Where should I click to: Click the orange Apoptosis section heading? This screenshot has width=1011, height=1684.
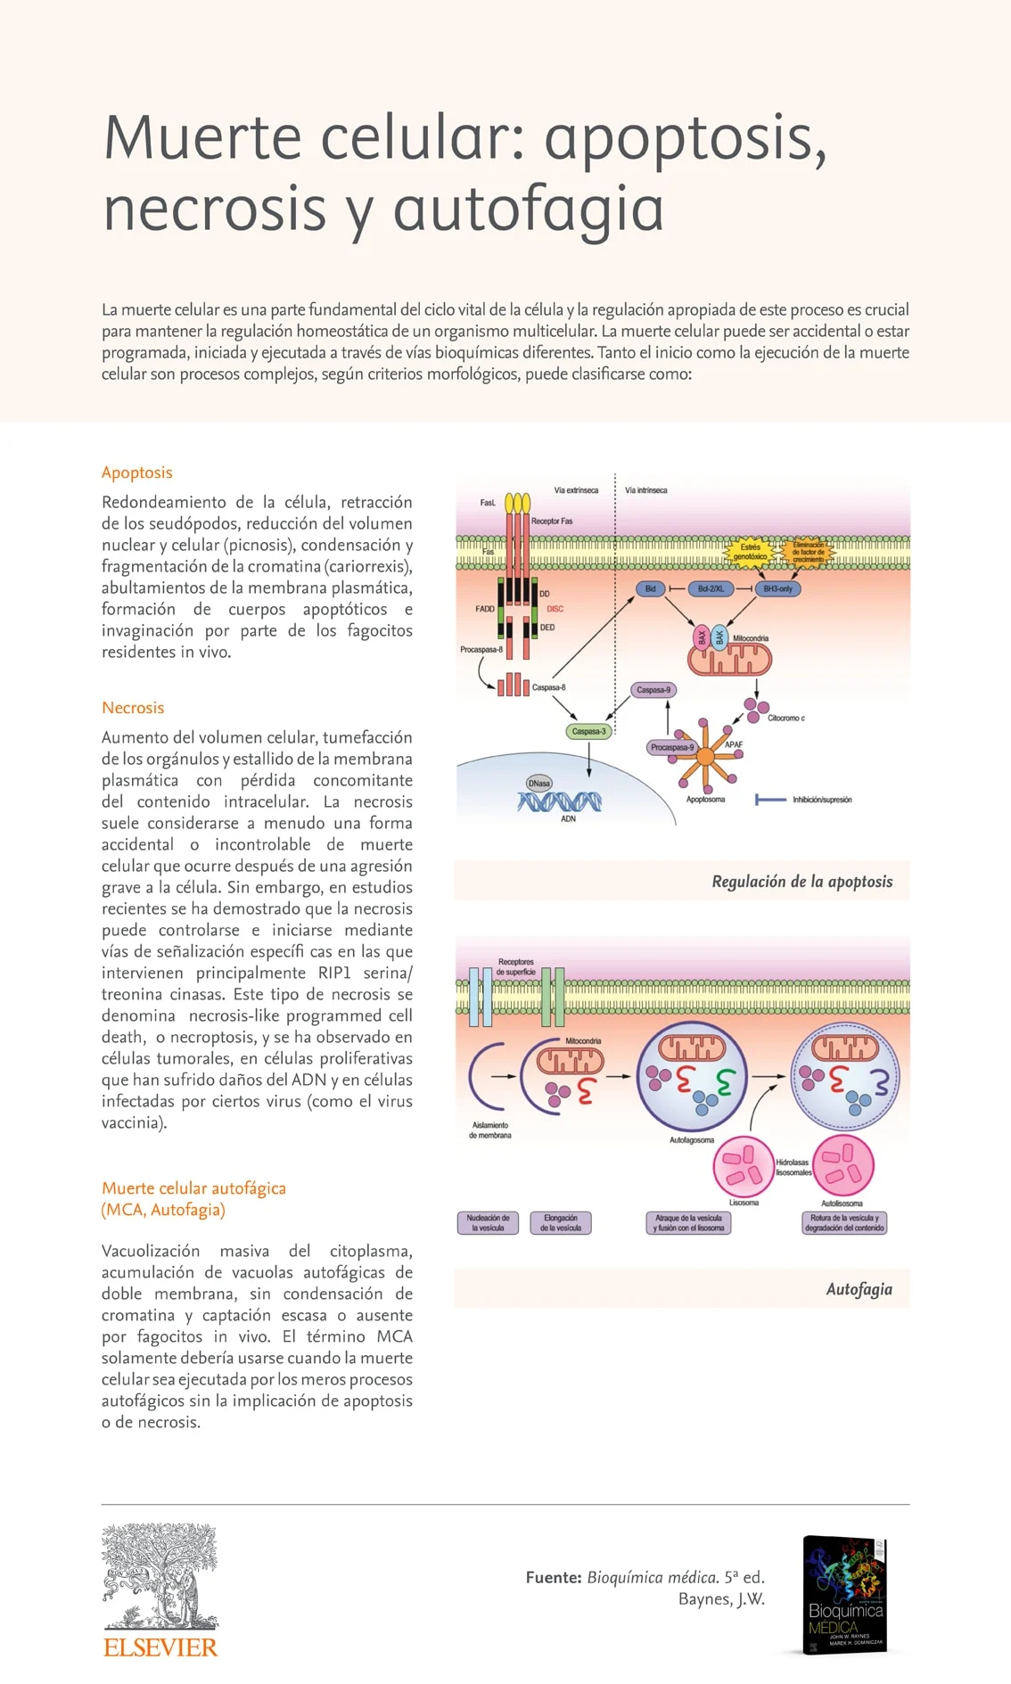tap(136, 472)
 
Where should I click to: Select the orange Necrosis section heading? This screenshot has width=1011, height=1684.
tap(133, 708)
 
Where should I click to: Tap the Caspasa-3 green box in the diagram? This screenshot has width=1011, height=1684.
tap(588, 731)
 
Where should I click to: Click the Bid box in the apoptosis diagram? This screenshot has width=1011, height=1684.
tap(650, 588)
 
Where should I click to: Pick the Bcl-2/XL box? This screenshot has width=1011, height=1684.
tap(711, 588)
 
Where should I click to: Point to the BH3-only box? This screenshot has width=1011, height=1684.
tap(777, 588)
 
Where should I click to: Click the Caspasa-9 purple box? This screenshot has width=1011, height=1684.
tap(653, 689)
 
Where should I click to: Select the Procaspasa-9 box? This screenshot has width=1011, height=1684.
tap(671, 747)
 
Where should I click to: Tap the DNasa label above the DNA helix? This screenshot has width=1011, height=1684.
tap(539, 783)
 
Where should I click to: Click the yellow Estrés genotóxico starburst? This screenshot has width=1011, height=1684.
tap(750, 552)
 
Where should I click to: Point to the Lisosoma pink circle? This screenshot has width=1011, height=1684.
tap(744, 1166)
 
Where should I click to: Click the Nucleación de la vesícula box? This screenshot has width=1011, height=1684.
tap(488, 1222)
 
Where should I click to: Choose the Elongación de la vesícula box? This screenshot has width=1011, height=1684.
tap(561, 1222)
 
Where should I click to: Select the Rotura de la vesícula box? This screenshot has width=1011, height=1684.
tap(844, 1222)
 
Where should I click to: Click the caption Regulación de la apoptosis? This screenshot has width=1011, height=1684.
tap(801, 882)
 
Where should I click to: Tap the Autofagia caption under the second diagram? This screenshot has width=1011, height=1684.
tap(859, 1289)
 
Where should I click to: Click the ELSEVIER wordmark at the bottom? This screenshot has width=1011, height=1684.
tap(160, 1647)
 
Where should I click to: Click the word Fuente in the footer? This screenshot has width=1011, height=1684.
tap(553, 1577)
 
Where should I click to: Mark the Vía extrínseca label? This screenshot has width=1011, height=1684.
tap(576, 490)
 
